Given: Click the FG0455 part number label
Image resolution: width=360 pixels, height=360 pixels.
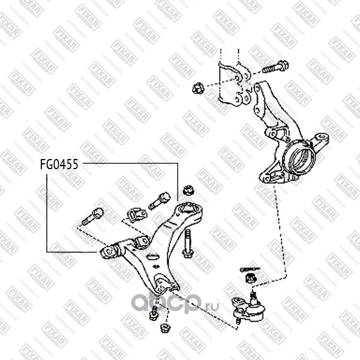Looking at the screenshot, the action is pyautogui.click(x=59, y=164).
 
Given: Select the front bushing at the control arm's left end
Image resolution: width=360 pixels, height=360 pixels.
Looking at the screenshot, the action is pyautogui.click(x=110, y=251).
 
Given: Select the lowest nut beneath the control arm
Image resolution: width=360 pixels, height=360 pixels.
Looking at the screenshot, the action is pyautogui.click(x=166, y=329).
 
